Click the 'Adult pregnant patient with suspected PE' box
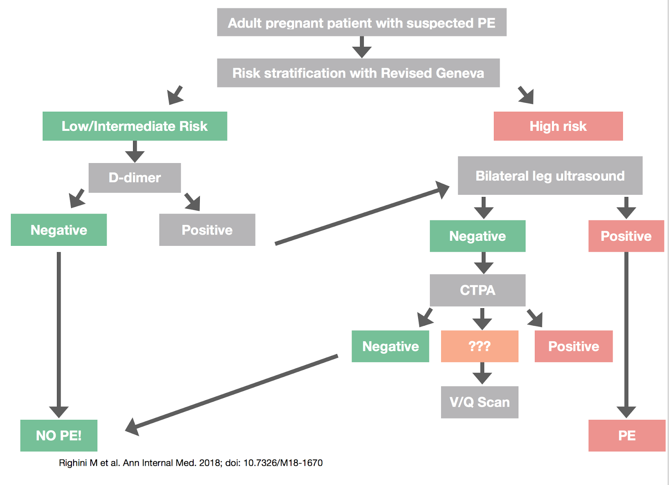[362, 22]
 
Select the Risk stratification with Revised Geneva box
[358, 73]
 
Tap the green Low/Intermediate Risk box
[135, 126]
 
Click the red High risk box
[558, 126]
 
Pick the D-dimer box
[135, 178]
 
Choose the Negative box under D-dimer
[59, 230]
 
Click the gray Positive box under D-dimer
[207, 230]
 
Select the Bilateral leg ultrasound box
[550, 176]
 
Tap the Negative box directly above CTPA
[477, 236]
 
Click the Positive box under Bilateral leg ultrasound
[626, 236]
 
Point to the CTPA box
[477, 290]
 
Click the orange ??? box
[480, 346]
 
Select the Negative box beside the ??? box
[390, 346]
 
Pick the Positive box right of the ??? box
[573, 346]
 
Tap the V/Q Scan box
[480, 402]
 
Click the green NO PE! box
[59, 435]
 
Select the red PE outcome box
[627, 435]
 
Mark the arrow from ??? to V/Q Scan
[482, 373]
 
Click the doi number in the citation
[283, 463]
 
